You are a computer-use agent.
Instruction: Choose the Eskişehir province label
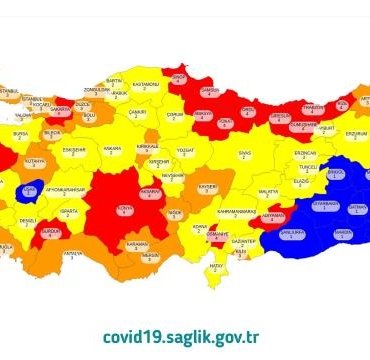[x=74, y=151]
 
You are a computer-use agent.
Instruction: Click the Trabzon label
[x=314, y=107]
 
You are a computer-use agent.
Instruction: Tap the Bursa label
[x=21, y=131]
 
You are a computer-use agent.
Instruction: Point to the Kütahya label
[x=35, y=160]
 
